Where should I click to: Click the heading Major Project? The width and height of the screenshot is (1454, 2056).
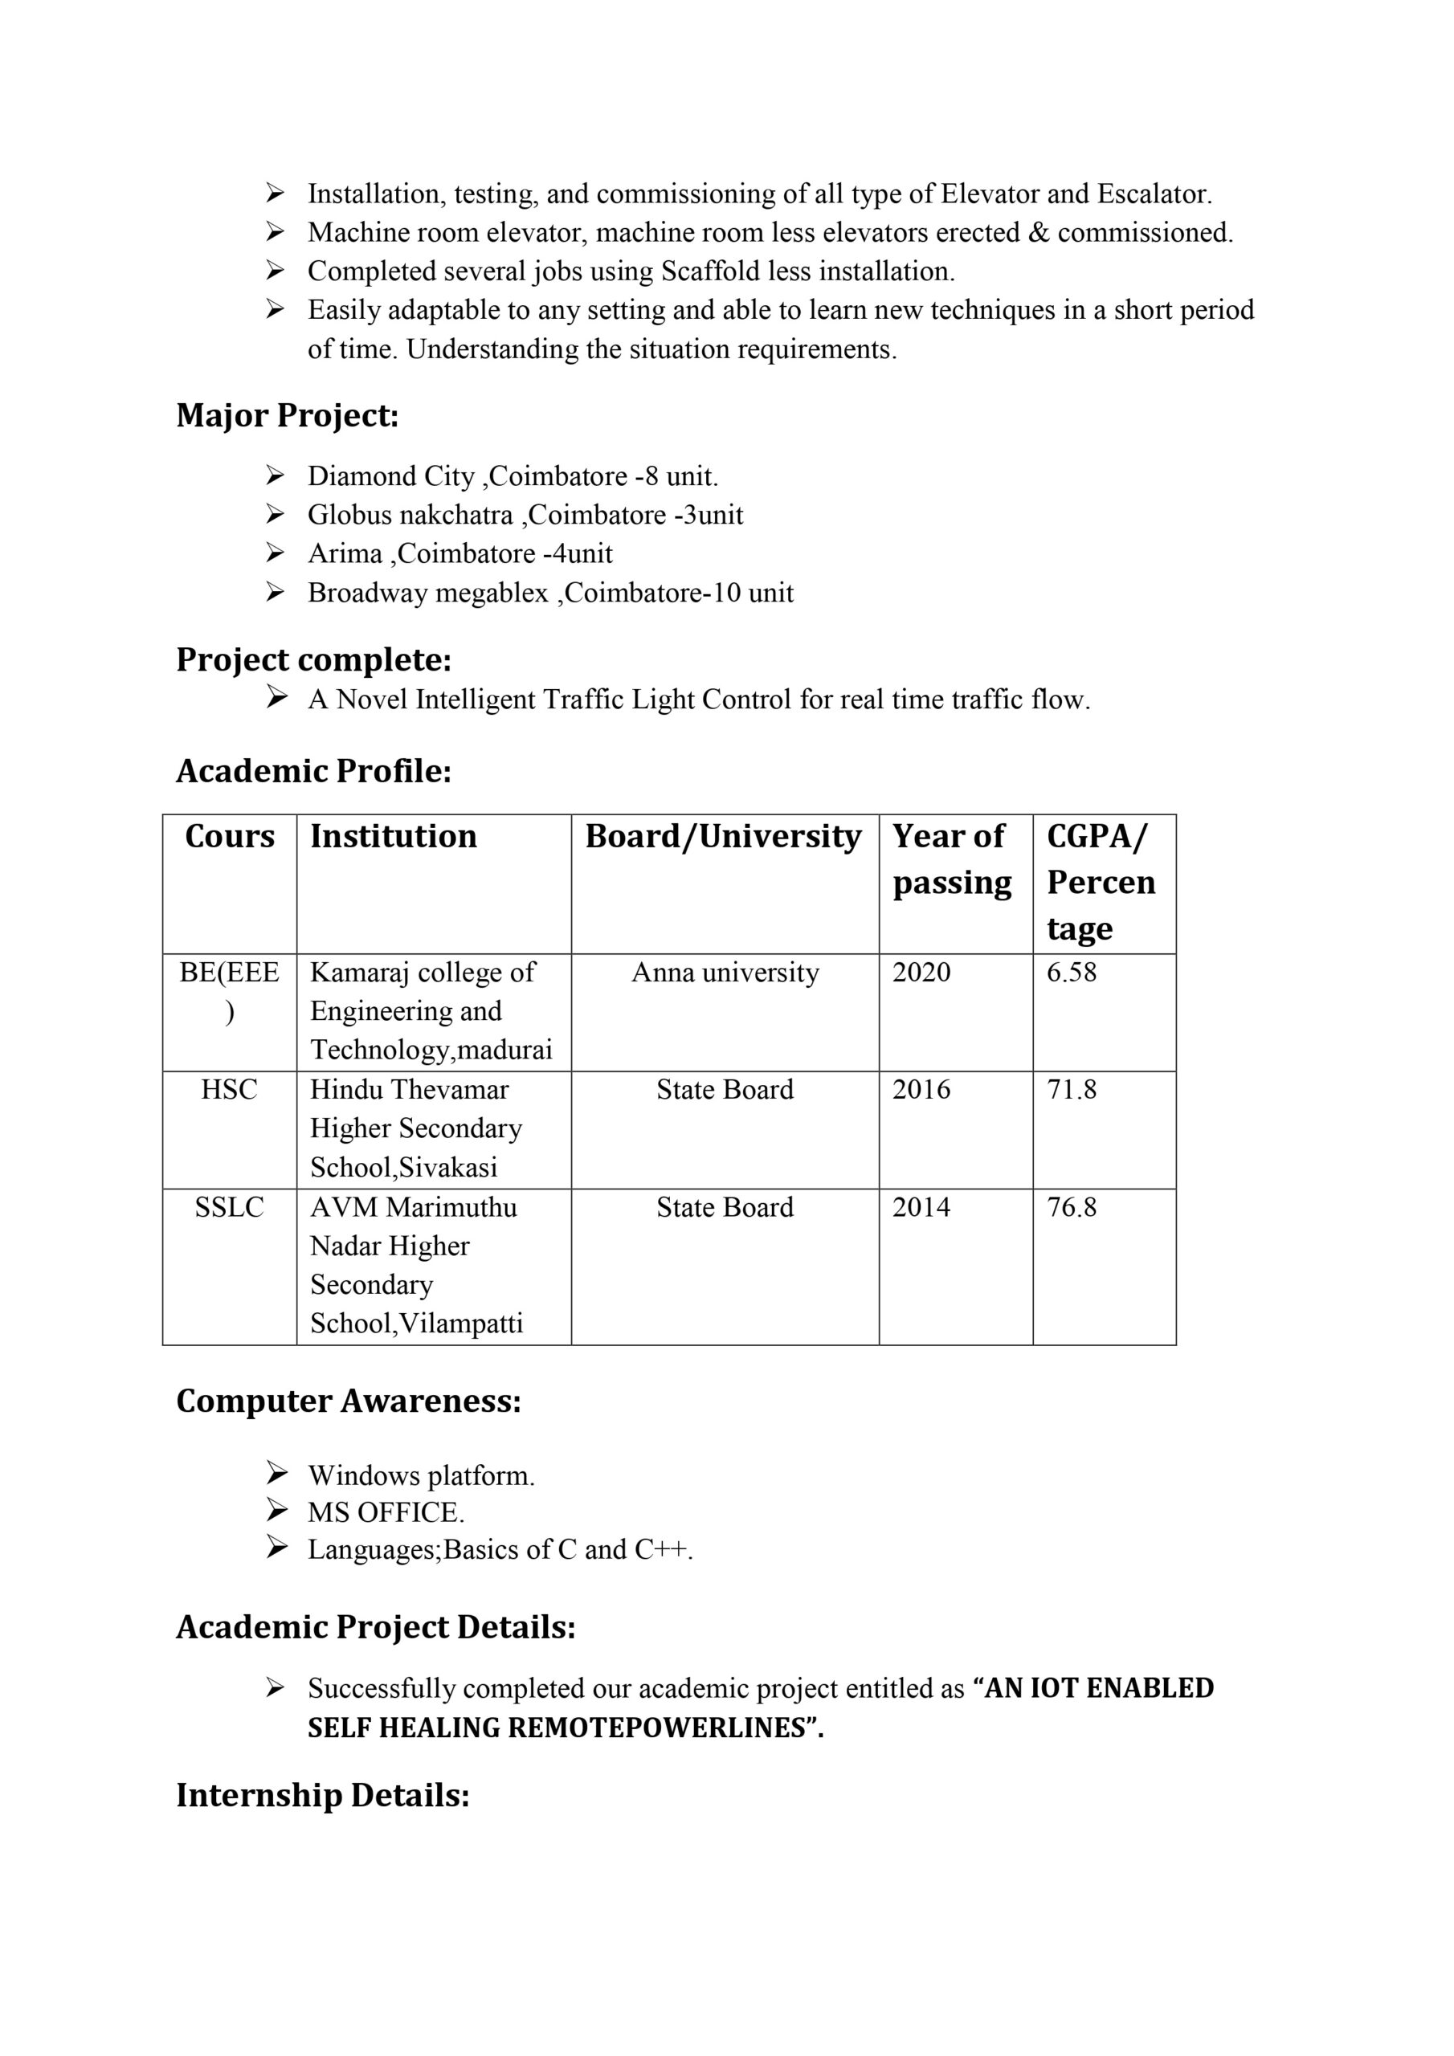tap(287, 415)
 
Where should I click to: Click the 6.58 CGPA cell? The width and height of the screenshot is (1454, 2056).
tap(1072, 973)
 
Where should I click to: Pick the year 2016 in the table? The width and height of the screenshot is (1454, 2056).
tap(921, 1090)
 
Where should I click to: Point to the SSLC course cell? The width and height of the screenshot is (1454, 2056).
tap(229, 1207)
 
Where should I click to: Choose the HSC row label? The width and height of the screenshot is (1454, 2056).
tap(229, 1090)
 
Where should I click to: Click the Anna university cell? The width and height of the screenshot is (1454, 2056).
tap(725, 973)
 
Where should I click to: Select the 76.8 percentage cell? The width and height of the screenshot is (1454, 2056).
tap(1072, 1207)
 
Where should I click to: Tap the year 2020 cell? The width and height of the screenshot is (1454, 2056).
tap(921, 973)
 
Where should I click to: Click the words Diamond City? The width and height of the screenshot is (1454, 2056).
tap(390, 476)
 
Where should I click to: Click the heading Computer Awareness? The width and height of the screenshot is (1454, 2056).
tap(349, 1401)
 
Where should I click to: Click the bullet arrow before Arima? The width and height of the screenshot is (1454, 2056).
tap(275, 553)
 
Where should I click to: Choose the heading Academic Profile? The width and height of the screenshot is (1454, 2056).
tap(313, 771)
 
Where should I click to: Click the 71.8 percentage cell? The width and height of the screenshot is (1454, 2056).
tap(1072, 1090)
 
